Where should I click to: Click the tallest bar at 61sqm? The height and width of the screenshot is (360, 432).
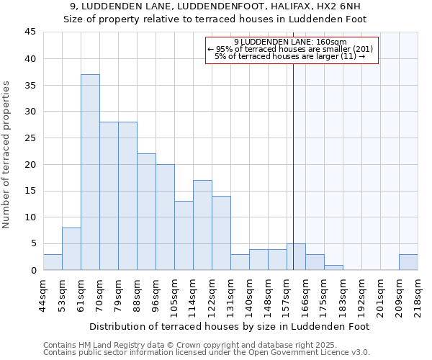coord(90,172)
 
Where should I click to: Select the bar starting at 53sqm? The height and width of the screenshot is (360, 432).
coord(71,248)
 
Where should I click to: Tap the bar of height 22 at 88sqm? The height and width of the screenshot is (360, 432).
coord(146,212)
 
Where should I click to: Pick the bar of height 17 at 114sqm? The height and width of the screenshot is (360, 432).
coord(202,225)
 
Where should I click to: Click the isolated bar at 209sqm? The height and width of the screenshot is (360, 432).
coord(408,262)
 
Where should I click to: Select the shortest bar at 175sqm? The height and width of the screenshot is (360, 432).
coord(333,267)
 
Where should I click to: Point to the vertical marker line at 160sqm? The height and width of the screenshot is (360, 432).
coord(293,166)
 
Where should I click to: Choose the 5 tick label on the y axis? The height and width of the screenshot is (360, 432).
coord(32,244)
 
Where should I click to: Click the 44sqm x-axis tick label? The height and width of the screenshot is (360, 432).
coord(43,295)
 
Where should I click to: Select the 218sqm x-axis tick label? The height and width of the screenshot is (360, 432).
coord(418,295)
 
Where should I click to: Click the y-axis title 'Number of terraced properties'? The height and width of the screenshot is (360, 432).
coord(7,155)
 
